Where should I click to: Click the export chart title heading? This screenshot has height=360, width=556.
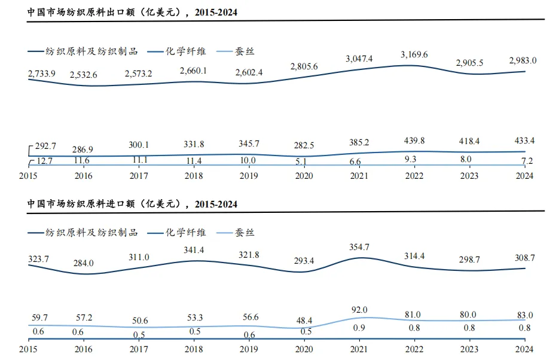pos(128,11)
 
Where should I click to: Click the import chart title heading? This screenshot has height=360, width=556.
pos(132,204)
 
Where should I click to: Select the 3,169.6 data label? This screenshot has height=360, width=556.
pos(414,55)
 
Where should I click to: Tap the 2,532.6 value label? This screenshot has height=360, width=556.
pos(84,75)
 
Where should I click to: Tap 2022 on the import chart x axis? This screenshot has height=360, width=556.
pos(414,349)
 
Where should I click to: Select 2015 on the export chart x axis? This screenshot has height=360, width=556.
pos(29,176)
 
